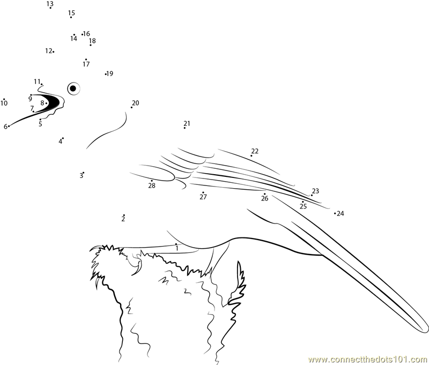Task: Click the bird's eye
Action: coord(73,88)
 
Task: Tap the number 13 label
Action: coord(50,4)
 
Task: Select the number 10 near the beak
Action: coord(4,103)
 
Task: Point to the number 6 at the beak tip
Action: coord(5,126)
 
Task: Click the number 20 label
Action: coord(136,103)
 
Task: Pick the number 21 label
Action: coord(187,123)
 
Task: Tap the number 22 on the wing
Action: coord(255,151)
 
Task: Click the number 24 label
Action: coord(341,213)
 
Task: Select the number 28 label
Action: coord(152,185)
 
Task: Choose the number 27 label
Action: coord(203,197)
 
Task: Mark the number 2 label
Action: coord(123,219)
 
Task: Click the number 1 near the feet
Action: coord(177,249)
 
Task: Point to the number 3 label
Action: coord(82,175)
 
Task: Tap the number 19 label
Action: coord(110,73)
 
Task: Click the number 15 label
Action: coord(71,13)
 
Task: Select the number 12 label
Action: coord(48,51)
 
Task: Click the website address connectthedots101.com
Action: coord(368,359)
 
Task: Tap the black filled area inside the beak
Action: coord(53,102)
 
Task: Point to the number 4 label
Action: coord(60,141)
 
